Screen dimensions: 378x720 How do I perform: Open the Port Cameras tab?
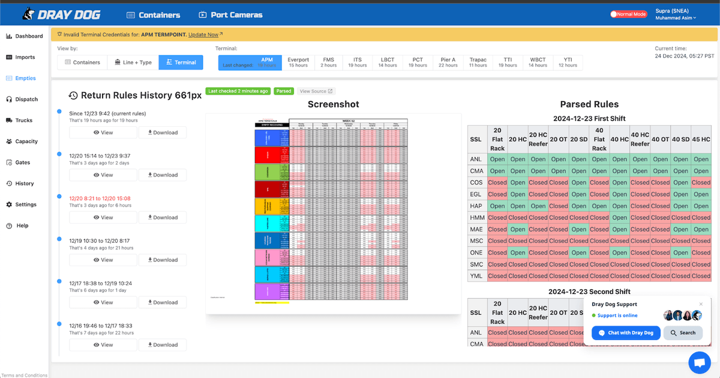(x=230, y=15)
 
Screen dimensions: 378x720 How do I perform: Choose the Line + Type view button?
(x=133, y=62)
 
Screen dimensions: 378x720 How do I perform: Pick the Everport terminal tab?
(x=298, y=62)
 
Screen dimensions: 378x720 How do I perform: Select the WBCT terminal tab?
(x=538, y=62)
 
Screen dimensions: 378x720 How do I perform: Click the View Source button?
(x=316, y=91)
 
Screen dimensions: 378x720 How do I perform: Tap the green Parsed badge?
(x=284, y=91)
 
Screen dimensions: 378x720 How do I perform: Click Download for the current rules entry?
(x=163, y=133)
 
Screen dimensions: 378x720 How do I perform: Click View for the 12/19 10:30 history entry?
(x=103, y=260)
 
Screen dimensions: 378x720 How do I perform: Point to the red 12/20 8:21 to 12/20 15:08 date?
(x=100, y=198)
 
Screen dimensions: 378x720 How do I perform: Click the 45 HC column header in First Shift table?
(x=701, y=139)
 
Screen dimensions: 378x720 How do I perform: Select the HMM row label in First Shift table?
(x=476, y=218)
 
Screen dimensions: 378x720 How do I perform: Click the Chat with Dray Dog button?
(x=626, y=333)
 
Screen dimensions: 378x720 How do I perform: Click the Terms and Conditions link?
(x=25, y=375)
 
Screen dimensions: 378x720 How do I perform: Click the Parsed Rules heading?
(x=589, y=105)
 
